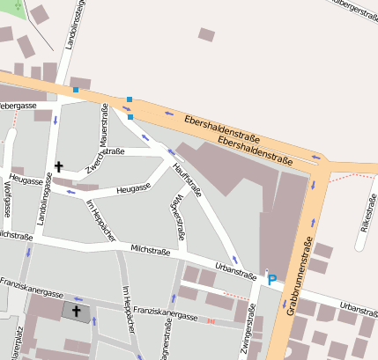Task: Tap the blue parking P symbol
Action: coord(272,280)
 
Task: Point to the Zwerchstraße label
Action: coord(105,155)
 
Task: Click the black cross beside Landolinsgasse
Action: coord(59,165)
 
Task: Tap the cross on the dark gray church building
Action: coord(76,311)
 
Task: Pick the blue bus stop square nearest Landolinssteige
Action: coord(76,90)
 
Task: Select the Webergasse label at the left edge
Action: coord(18,106)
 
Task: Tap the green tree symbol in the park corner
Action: coord(17,4)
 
